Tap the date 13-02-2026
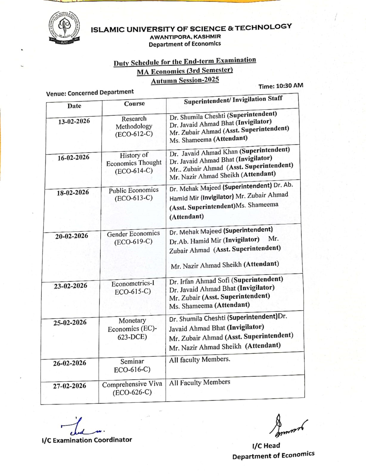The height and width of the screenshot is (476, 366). [74, 121]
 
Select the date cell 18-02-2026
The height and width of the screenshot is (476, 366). [73, 192]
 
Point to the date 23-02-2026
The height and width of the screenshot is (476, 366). [71, 286]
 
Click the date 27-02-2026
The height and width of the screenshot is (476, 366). [69, 386]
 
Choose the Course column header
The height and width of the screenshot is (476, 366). [134, 104]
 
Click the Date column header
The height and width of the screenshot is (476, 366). [74, 106]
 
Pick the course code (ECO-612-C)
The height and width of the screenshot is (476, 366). [134, 134]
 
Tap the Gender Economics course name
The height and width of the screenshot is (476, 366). [133, 234]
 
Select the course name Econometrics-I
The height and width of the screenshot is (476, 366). [133, 284]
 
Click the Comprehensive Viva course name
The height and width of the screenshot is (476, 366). [132, 384]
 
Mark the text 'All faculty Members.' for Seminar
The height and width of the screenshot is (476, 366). [199, 360]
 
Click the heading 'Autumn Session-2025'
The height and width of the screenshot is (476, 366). [185, 80]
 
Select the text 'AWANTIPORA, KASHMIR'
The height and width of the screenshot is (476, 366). [185, 37]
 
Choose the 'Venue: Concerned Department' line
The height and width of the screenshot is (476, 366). [90, 93]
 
